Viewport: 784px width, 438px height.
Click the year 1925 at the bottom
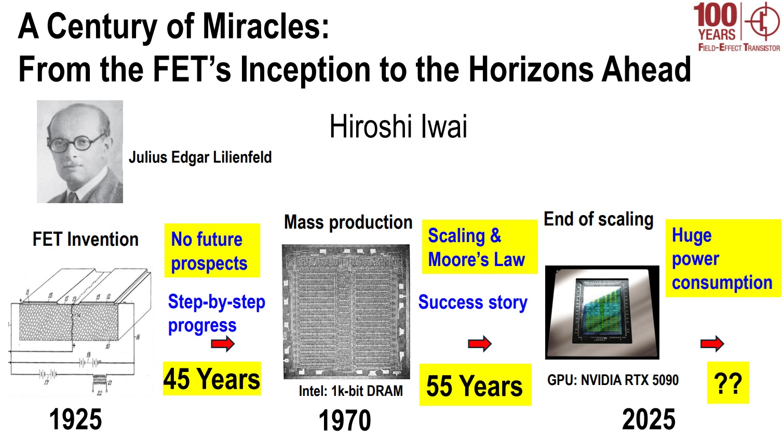click(x=75, y=419)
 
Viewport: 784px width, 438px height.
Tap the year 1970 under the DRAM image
click(x=345, y=420)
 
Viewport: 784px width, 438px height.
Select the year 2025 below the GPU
click(x=648, y=419)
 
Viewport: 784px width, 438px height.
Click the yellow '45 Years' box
click(x=212, y=379)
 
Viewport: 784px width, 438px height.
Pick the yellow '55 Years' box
click(x=475, y=386)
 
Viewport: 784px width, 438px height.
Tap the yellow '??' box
click(x=728, y=383)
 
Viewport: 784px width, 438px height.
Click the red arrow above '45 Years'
click(x=223, y=343)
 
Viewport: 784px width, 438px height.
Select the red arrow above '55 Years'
click(x=480, y=343)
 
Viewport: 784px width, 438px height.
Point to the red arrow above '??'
click(x=712, y=343)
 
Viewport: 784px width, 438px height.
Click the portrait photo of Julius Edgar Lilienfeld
click(x=80, y=152)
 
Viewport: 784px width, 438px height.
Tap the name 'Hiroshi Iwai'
click(x=398, y=126)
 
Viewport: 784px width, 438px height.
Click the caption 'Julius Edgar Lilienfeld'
click(x=200, y=157)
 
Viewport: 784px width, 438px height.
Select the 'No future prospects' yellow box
click(x=212, y=250)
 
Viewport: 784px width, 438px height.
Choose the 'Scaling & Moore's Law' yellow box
click(x=479, y=247)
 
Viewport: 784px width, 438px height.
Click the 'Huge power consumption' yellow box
click(x=723, y=259)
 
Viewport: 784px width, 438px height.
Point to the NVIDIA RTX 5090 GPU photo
click(x=602, y=312)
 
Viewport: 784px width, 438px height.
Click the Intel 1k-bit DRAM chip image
click(x=346, y=312)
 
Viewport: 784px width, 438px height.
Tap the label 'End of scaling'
click(x=598, y=219)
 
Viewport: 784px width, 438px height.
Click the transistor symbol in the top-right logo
click(x=762, y=21)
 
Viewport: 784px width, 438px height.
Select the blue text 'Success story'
click(x=472, y=302)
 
